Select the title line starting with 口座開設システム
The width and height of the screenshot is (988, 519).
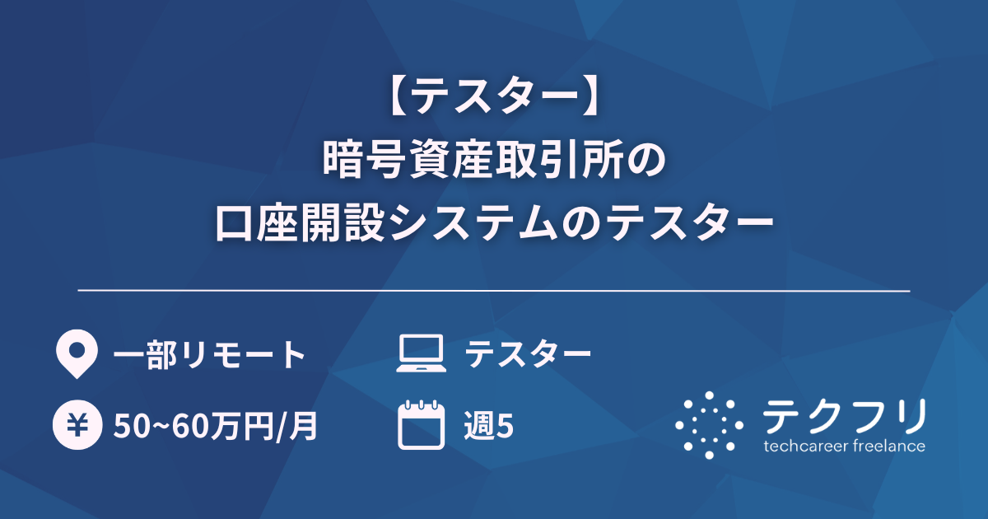point(494,222)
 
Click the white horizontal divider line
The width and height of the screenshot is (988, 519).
point(494,291)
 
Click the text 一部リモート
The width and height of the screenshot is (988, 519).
point(209,355)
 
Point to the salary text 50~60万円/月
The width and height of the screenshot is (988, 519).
point(216,426)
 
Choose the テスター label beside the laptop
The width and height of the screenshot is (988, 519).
point(528,355)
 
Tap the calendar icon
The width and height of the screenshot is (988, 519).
point(421,425)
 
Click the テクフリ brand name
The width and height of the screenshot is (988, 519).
point(844,417)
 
